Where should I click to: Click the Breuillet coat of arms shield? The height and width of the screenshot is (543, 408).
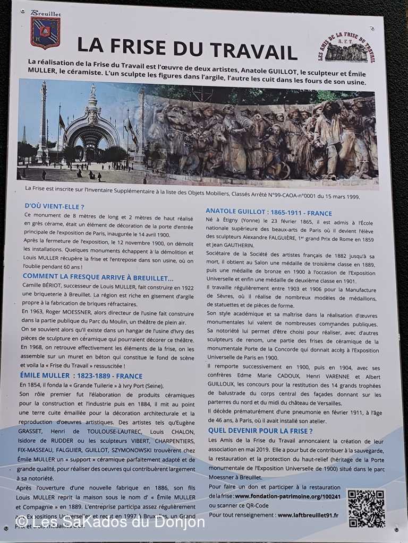(x=45, y=32)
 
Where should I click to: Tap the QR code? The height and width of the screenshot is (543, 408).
(x=366, y=508)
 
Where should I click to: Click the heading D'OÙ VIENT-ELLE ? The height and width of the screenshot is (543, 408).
(x=55, y=206)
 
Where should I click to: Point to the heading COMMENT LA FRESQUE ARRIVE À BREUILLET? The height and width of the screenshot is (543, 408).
(x=98, y=277)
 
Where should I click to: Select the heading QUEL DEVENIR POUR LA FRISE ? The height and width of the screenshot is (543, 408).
(x=260, y=431)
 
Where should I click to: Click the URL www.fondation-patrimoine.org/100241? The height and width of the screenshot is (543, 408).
(x=286, y=496)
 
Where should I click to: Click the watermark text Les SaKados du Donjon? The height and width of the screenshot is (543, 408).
(x=110, y=522)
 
